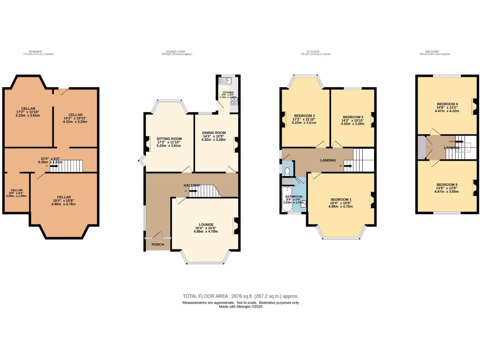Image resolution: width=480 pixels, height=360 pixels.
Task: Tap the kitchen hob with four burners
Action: (233, 101)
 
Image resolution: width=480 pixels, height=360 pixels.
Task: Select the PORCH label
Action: (151, 244)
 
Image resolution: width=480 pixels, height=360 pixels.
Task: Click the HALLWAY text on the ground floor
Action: (192, 186)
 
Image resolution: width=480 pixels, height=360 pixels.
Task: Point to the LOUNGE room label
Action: (206, 225)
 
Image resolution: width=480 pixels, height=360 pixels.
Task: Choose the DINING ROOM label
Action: (213, 133)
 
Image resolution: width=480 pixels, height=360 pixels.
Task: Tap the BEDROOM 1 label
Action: (340, 200)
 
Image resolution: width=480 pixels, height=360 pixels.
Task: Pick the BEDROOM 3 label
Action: (353, 117)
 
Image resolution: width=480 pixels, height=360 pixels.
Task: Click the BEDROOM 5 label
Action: (447, 185)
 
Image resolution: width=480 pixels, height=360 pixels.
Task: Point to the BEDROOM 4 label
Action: (447, 104)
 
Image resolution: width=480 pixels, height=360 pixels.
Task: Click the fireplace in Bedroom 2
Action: (283, 120)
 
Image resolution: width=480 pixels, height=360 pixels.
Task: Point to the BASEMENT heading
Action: (36, 52)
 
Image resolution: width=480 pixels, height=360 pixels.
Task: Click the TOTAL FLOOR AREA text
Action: (240, 296)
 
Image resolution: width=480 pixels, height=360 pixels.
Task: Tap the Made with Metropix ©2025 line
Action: (240, 307)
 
